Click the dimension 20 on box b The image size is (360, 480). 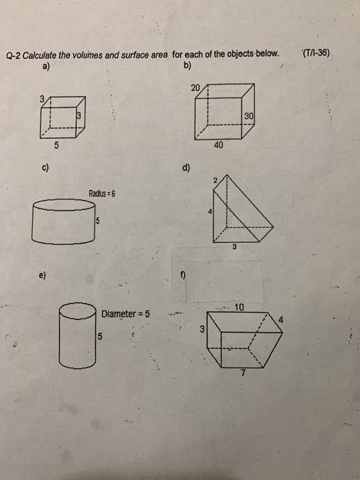pyautogui.click(x=197, y=88)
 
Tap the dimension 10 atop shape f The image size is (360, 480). pyautogui.click(x=239, y=308)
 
